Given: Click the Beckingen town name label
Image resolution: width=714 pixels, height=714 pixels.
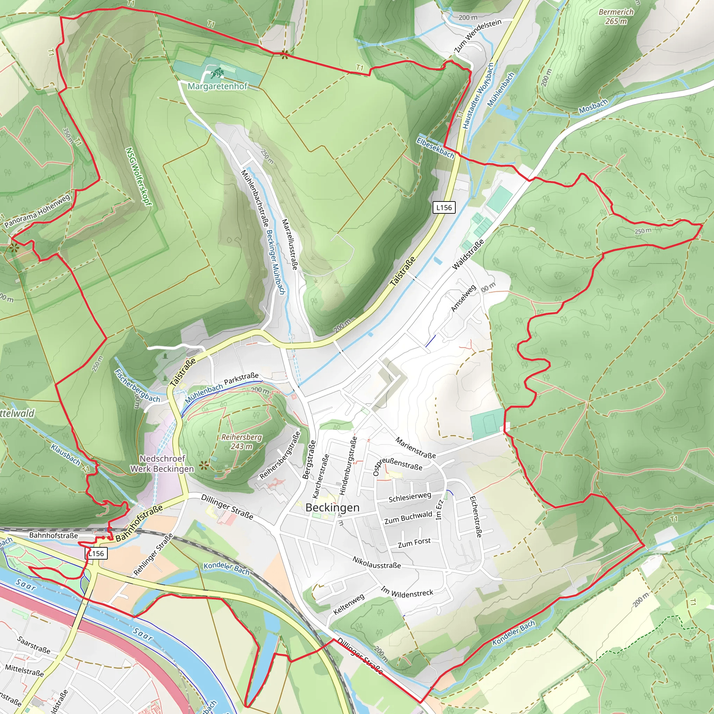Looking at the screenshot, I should point(332,507).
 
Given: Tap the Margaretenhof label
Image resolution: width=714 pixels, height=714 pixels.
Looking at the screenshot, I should point(217,86).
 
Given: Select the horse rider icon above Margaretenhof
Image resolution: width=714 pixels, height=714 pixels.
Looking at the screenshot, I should point(216,73).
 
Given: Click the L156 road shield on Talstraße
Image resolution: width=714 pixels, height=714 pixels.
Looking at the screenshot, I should point(444,207).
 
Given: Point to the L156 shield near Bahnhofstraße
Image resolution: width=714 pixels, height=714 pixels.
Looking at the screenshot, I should point(97,553).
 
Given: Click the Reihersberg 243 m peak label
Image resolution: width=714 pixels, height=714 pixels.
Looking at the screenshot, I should point(242,442).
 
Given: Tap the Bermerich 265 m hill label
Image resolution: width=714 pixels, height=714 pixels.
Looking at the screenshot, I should point(616,17).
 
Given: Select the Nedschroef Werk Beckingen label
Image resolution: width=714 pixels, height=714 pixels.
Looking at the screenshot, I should point(162,463).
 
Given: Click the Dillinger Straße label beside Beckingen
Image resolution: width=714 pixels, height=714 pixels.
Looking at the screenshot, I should point(227,507).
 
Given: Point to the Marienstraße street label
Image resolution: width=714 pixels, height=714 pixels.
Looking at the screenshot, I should point(415,448).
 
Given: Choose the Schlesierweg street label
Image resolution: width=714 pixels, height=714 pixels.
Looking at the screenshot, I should point(410,497).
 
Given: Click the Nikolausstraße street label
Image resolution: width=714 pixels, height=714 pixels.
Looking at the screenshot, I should point(377,562).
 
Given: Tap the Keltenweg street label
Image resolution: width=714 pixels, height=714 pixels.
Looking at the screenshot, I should point(349,604).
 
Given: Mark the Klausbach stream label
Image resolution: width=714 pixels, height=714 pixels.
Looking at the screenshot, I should point(66,455).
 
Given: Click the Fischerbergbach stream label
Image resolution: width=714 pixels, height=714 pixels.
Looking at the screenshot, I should point(137,386).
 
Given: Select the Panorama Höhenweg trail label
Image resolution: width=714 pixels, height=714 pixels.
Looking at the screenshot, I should point(37,211).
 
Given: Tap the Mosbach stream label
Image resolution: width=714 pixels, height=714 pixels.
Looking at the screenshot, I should point(593,106).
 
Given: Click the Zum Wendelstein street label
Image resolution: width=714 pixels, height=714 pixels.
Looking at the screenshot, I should point(478,35).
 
